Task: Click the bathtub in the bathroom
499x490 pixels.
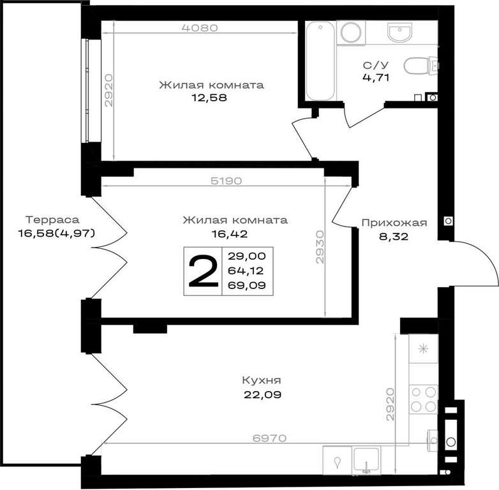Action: [320, 61]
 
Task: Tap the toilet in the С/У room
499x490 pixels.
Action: [420, 66]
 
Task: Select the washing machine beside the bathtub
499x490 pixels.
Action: [351, 32]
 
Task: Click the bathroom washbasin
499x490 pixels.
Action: [399, 33]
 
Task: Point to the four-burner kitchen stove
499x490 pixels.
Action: [423, 399]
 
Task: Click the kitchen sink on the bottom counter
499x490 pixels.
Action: [366, 460]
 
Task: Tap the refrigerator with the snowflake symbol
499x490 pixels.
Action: [423, 349]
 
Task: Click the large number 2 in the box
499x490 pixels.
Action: [204, 272]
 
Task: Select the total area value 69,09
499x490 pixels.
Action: [247, 285]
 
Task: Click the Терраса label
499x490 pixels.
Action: [52, 220]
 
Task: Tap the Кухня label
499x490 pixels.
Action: [262, 380]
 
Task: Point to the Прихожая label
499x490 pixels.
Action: [394, 223]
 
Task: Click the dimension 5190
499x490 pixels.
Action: [227, 181]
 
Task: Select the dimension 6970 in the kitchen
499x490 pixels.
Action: [269, 438]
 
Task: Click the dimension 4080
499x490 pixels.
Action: [200, 28]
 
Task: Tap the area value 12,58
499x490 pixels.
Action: [209, 98]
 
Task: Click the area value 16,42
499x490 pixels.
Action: [230, 234]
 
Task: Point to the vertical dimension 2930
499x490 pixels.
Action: [320, 247]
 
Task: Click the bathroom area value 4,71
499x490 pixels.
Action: [376, 77]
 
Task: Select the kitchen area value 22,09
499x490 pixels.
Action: [262, 395]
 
